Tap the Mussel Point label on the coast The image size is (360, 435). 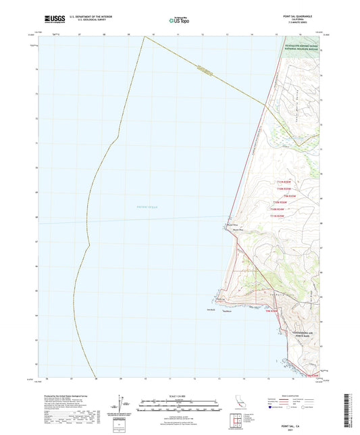232,225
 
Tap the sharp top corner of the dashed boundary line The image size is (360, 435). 145,36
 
